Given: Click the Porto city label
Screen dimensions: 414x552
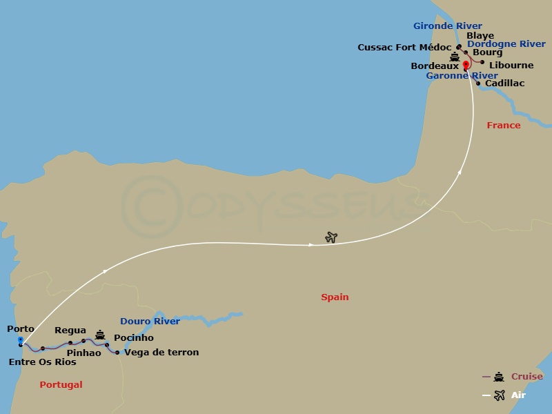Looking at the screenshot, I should click(19, 329).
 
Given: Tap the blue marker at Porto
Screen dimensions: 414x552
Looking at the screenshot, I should click(21, 340).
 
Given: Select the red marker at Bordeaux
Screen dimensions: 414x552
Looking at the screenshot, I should click(466, 66).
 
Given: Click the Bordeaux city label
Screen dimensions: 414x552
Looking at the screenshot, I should click(435, 66).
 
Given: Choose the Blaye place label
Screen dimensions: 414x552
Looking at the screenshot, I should click(480, 36).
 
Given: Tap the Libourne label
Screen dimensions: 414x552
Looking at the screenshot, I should click(511, 66).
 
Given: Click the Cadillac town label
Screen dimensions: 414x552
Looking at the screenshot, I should click(504, 83).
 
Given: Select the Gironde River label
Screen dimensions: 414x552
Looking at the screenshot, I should click(448, 26).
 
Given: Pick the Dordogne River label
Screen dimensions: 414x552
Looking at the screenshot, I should click(506, 44).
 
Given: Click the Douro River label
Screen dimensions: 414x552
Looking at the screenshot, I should click(150, 322).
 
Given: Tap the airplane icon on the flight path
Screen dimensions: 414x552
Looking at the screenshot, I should click(331, 237).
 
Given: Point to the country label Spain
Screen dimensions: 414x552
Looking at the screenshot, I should click(335, 297).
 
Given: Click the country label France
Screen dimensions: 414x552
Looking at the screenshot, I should click(504, 126).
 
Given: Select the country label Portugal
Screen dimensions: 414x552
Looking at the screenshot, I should click(61, 385).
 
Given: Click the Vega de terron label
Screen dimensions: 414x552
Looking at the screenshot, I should click(161, 353).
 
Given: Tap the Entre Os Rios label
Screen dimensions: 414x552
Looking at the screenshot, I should click(43, 362).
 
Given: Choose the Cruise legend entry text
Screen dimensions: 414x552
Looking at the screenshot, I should click(527, 377).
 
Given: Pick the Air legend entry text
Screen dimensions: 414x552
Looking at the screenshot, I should click(518, 395).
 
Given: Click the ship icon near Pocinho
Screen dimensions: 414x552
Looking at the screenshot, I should click(100, 334).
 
